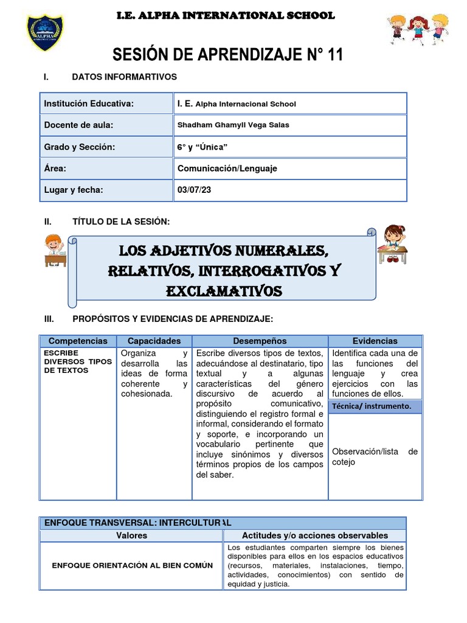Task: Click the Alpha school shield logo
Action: click(x=45, y=32)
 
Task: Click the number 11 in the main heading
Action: click(x=334, y=55)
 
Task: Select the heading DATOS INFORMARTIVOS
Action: click(x=124, y=77)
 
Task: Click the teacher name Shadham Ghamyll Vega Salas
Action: click(x=233, y=125)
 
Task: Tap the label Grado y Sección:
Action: click(x=80, y=147)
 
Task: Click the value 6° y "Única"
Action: click(x=202, y=147)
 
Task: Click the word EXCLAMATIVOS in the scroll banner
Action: click(x=224, y=292)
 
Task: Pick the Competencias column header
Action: click(x=78, y=341)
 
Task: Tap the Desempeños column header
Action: click(x=260, y=341)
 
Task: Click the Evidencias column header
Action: click(x=375, y=341)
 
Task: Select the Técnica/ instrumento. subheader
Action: click(x=372, y=406)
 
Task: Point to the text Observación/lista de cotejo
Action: click(x=375, y=456)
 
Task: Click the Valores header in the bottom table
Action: click(x=131, y=535)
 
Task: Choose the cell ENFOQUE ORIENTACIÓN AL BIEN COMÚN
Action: click(x=133, y=565)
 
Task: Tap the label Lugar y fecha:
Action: click(x=74, y=190)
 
